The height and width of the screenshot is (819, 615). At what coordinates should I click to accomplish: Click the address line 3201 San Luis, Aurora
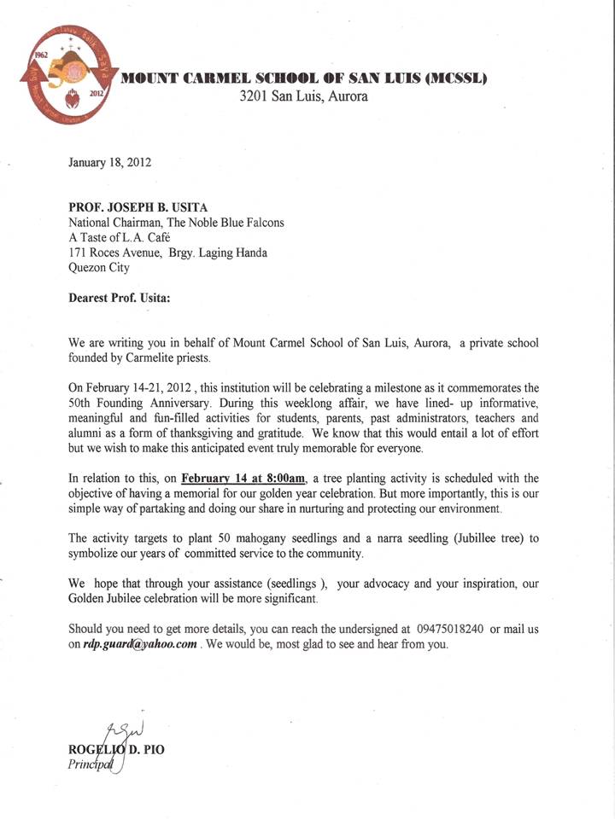(x=304, y=96)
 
